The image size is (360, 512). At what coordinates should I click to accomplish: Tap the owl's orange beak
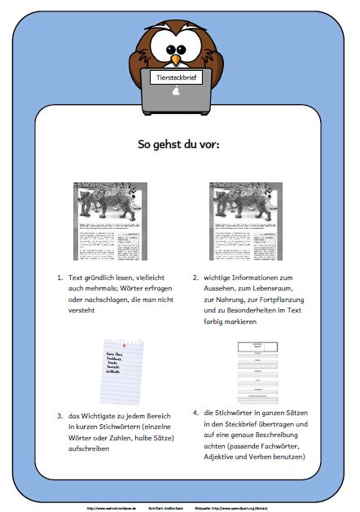[x=176, y=59]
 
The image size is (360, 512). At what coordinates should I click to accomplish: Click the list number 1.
[x=59, y=278]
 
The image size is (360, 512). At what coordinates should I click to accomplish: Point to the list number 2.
[x=195, y=278]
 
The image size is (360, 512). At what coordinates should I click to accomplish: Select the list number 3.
[x=59, y=416]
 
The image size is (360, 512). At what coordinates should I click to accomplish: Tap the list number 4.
[x=195, y=412]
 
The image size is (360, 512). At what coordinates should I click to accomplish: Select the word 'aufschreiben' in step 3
[x=92, y=449]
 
